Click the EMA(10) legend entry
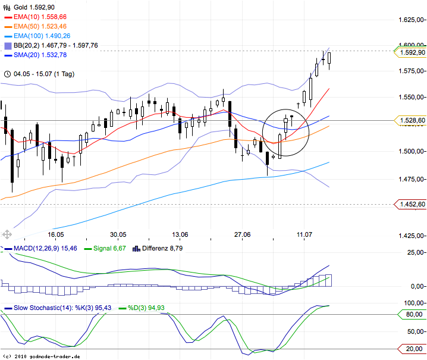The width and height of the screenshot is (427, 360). coord(40,18)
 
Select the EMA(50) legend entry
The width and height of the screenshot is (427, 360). coord(40,27)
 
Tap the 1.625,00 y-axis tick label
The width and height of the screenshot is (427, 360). coord(412,20)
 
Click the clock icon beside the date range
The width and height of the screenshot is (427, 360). coord(7,74)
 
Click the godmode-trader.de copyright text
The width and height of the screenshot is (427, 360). coord(42,356)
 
